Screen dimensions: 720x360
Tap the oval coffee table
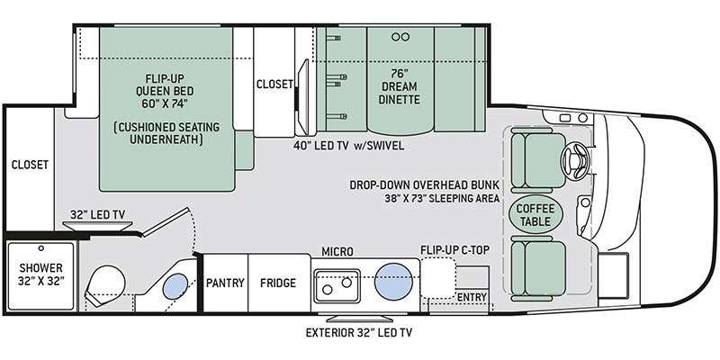click(535, 215)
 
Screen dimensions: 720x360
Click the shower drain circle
click(40, 248)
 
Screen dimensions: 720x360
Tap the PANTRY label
click(225, 283)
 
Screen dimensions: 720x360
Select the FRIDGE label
click(278, 283)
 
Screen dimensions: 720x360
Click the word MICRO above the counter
click(337, 252)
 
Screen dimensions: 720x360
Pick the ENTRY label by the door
click(472, 298)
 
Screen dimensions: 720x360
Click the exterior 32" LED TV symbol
click(359, 319)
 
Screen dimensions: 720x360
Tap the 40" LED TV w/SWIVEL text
click(349, 146)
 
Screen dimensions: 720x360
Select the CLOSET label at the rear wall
click(30, 165)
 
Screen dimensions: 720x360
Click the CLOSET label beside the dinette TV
click(274, 84)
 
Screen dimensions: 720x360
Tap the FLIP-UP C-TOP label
click(454, 250)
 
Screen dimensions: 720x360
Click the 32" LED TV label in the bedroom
click(98, 214)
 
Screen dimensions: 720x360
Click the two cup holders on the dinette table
click(400, 37)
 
